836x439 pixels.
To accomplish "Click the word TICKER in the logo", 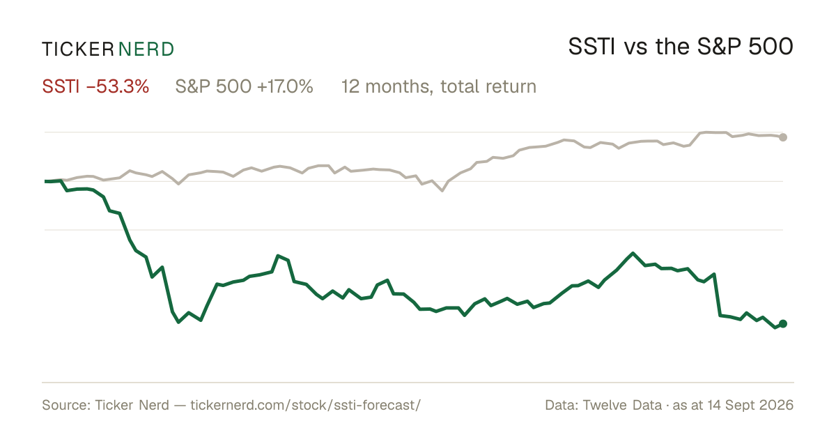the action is tap(78, 49).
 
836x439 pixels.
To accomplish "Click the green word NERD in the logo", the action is tap(146, 49).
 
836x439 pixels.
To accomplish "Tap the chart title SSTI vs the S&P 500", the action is tap(681, 47).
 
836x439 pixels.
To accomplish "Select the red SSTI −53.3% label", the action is tap(95, 86).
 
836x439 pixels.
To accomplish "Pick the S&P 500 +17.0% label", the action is tap(244, 86).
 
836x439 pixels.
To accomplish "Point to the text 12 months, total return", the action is tap(439, 87).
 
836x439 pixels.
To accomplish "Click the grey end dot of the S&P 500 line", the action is tap(783, 137).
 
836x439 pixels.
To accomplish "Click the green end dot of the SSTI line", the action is tap(783, 323).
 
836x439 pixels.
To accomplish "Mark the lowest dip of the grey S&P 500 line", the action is tap(442, 191).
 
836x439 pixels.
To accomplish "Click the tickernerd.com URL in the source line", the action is tap(306, 405).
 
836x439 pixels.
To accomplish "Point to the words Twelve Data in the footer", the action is tap(623, 405).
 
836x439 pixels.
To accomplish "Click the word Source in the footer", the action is tap(64, 405).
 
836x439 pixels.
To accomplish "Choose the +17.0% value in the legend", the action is tap(285, 86).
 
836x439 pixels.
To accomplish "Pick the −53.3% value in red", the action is tap(118, 86).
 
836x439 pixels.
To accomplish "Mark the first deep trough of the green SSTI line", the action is tap(178, 322).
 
